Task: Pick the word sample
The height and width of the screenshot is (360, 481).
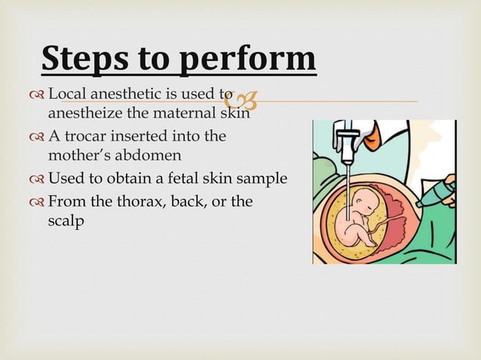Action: [x=263, y=178]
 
